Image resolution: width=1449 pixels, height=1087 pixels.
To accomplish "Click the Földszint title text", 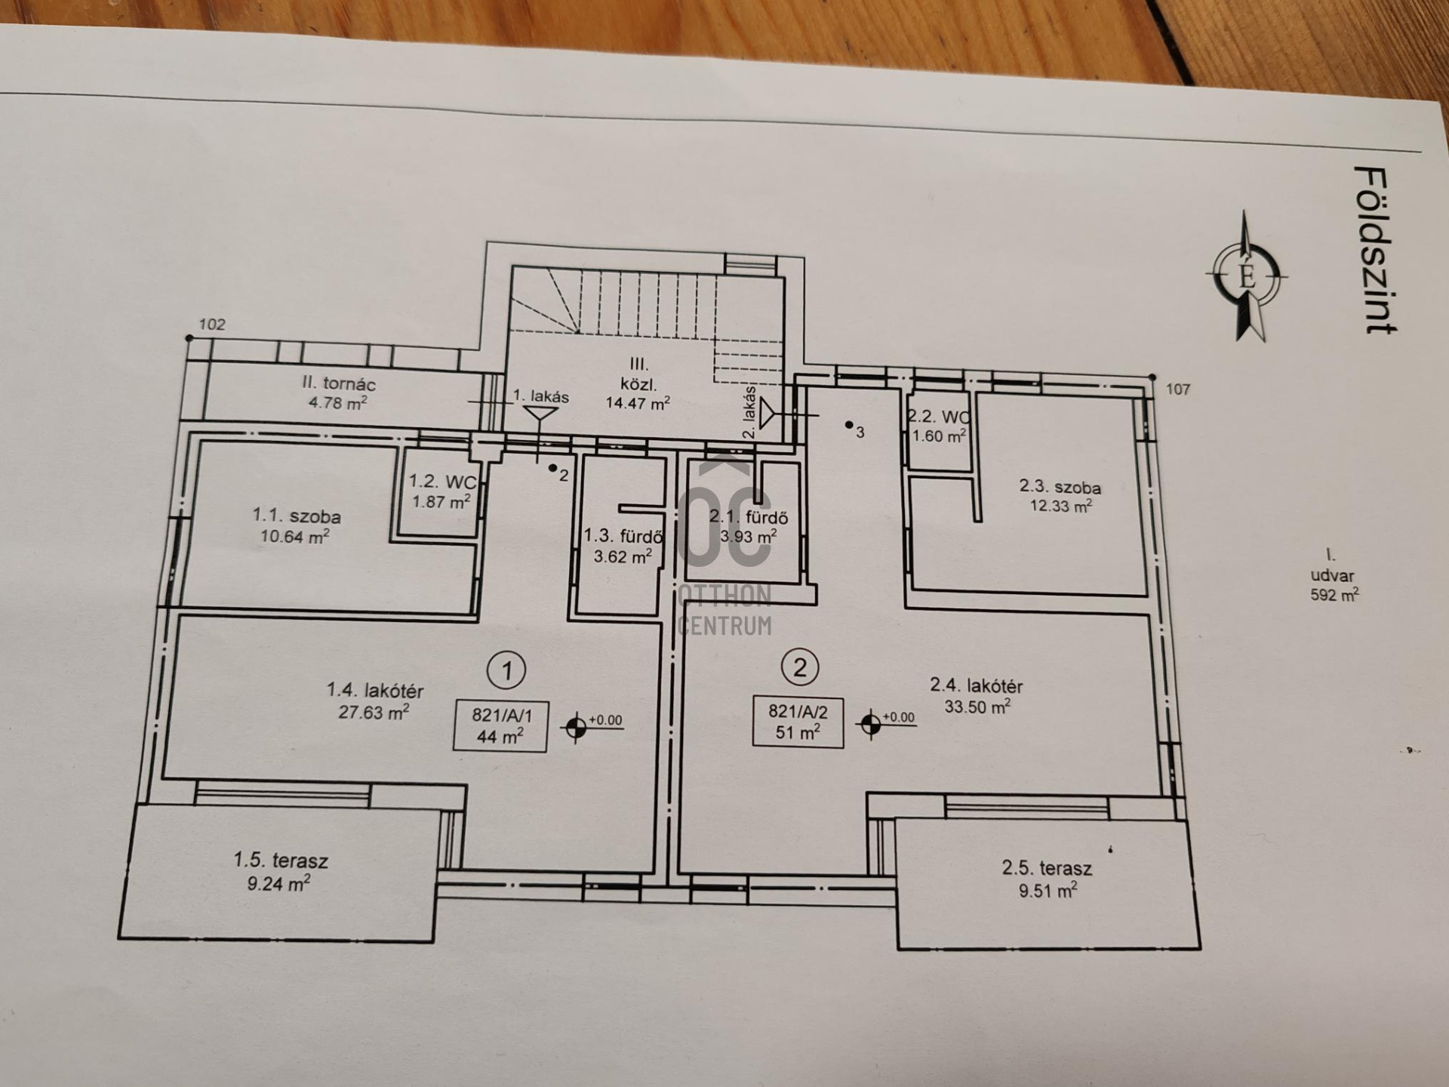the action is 1375,250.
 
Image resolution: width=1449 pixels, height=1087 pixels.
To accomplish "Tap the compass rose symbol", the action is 1247,276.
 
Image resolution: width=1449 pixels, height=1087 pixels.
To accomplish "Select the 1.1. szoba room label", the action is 296,516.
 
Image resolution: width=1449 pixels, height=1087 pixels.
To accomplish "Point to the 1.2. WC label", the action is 442,481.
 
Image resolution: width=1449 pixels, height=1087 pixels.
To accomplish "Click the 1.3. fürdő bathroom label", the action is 623,536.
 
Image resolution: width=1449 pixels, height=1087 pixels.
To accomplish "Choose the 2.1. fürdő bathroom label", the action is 748,517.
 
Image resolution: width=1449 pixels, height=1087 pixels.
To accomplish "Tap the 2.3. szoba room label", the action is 1060,487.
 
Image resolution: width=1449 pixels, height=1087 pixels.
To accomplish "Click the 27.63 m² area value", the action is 374,711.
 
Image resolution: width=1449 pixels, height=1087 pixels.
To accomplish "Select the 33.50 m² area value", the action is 977,707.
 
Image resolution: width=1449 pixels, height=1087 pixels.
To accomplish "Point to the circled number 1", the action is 506,670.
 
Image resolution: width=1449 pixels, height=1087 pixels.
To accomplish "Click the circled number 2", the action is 800,667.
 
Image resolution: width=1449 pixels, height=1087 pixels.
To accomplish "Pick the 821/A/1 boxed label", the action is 500,726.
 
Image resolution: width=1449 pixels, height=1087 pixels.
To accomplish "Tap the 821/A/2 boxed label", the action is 798,722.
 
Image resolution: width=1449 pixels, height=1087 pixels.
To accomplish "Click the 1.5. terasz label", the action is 281,860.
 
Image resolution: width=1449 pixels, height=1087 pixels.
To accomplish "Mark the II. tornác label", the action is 339,383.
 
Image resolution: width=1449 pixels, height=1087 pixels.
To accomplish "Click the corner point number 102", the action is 212,325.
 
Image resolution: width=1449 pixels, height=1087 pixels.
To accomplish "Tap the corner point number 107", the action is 1178,390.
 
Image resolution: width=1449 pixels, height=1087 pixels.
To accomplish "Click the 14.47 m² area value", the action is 638,402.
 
